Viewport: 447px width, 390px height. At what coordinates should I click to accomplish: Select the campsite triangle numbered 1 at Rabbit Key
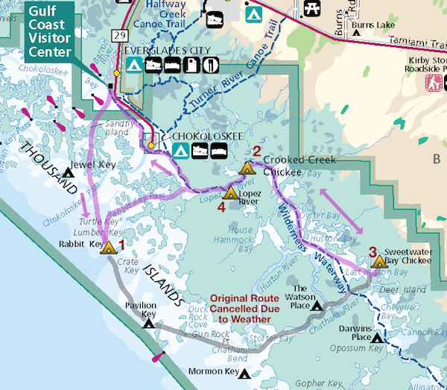coord(109,248)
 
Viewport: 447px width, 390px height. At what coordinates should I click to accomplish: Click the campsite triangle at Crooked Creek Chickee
coord(247,169)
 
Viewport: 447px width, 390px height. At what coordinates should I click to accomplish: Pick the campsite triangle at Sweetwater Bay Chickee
coord(379,262)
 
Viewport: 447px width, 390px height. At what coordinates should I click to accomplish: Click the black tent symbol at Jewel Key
coord(68,174)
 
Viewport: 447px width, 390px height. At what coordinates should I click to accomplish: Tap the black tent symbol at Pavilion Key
coord(149,324)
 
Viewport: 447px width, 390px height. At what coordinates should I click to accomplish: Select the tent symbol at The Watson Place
coord(317,306)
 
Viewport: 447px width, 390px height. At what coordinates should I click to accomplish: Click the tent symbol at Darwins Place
coord(377,338)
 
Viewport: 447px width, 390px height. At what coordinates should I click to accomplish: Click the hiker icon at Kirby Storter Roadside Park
coord(431,81)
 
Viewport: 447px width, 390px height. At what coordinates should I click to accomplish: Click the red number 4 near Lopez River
coord(221,207)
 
